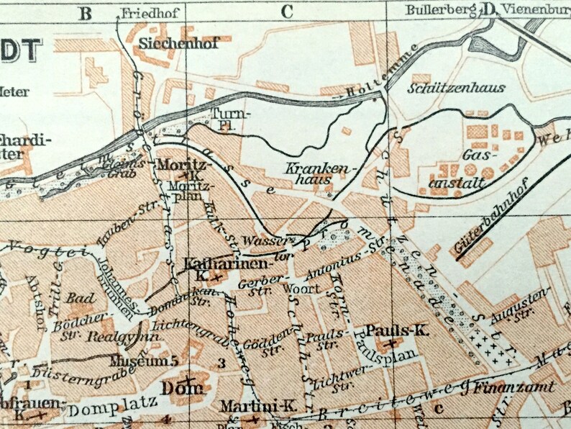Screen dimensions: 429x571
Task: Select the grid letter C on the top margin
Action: click(x=288, y=11)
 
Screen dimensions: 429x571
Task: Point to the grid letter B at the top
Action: click(x=86, y=12)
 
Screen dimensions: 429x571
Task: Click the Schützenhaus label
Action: click(x=456, y=88)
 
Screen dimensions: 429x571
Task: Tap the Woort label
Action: click(x=301, y=289)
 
